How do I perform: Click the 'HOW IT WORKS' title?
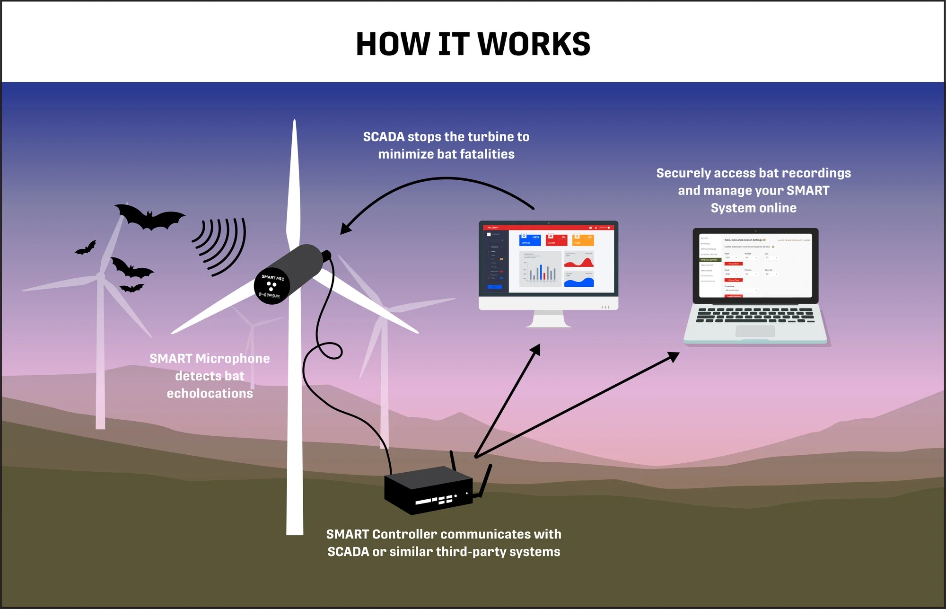click(x=473, y=44)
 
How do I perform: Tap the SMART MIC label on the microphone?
click(x=273, y=278)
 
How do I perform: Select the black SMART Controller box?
click(x=428, y=490)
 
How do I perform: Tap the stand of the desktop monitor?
click(x=548, y=319)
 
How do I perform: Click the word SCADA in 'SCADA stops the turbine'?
click(x=384, y=137)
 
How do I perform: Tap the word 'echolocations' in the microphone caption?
click(x=210, y=394)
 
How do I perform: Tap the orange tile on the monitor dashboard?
click(x=583, y=239)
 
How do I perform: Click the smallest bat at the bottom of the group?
click(x=131, y=288)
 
